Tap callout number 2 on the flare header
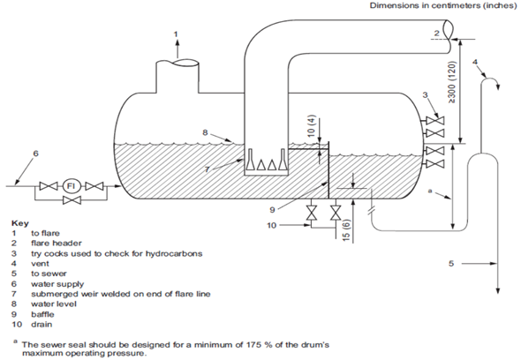tap(435, 34)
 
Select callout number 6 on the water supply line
tap(36, 154)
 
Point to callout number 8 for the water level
tap(204, 133)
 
